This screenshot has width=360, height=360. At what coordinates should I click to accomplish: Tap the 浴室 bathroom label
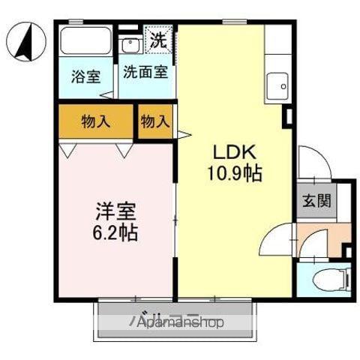pos(85,76)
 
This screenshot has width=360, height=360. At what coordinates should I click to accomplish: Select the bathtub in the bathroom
pos(85,41)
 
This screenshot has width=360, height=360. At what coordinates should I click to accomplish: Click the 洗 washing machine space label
pos(159,39)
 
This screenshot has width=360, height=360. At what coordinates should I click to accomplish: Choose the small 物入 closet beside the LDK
pos(155,121)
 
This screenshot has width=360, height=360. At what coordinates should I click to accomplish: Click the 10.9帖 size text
pos(234,175)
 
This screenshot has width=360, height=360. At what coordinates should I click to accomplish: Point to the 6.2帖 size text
pos(112,233)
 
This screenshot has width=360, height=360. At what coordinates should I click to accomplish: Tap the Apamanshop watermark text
pos(180,323)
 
